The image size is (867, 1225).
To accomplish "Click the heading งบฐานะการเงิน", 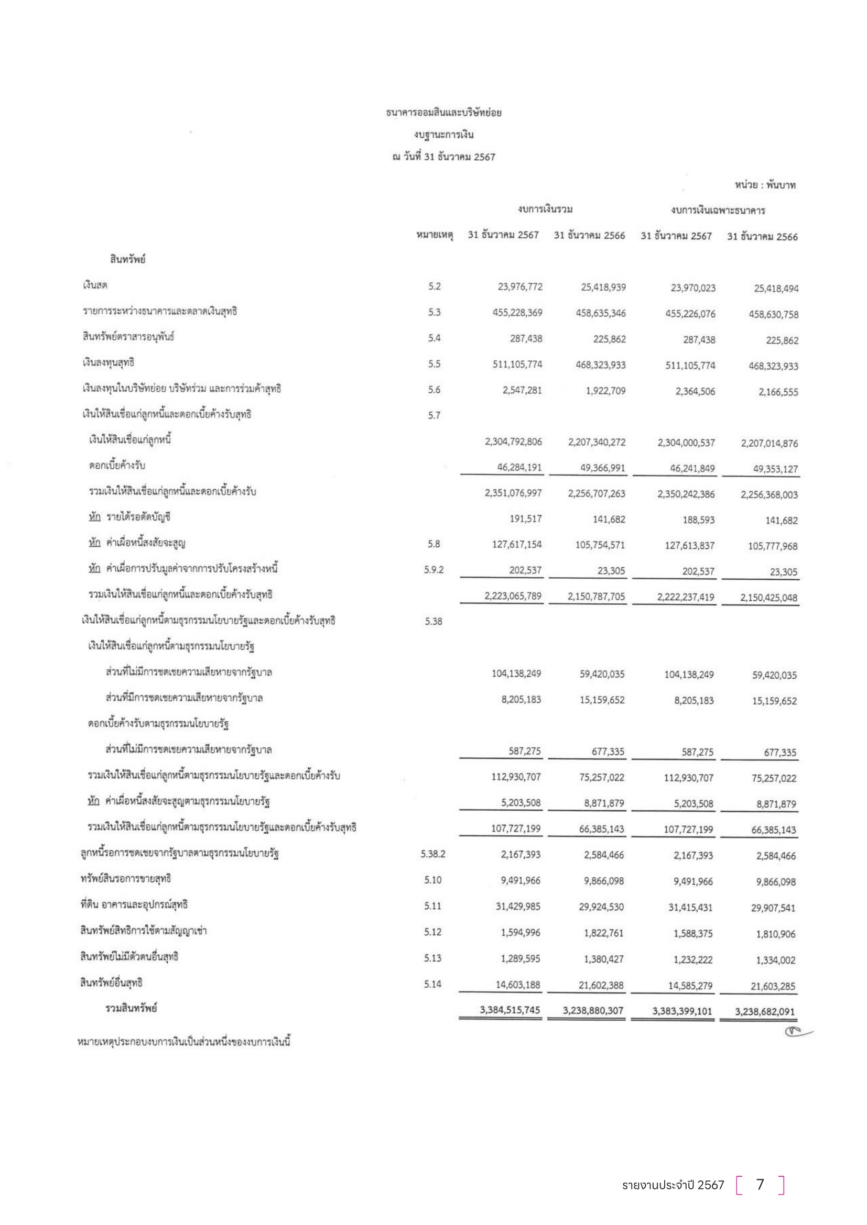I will (x=443, y=135).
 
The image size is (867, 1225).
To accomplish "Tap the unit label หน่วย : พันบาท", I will (x=764, y=185).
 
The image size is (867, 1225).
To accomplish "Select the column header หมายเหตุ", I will (x=435, y=235).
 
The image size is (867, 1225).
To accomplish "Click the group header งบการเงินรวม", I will (x=545, y=209).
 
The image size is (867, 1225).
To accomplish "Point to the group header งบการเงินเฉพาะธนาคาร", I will (x=718, y=210).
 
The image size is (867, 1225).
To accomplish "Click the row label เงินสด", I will (x=95, y=285).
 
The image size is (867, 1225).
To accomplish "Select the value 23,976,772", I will (x=520, y=287).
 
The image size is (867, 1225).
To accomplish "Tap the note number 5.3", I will (x=434, y=312).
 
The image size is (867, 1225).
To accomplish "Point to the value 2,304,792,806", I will (x=513, y=442).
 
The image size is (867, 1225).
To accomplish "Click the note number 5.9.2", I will (x=433, y=570).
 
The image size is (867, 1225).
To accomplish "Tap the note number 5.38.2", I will (x=432, y=854).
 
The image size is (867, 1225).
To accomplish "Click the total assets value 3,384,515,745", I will (x=510, y=1010).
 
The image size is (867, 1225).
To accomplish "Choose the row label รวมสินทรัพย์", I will (x=131, y=1008).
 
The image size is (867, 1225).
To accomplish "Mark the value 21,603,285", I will (x=773, y=986).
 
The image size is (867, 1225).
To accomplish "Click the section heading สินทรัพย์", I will (x=127, y=259).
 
